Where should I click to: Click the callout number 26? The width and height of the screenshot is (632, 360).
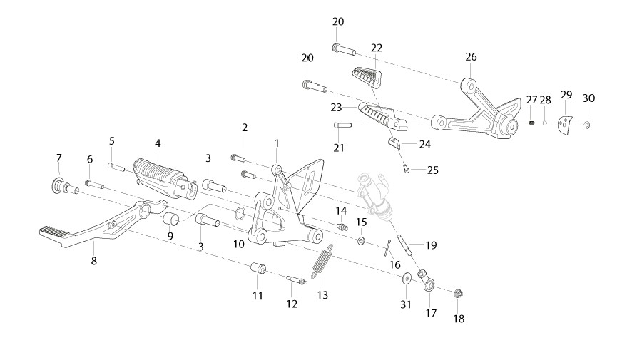(x=471, y=57)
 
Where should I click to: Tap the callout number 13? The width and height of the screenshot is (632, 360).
(x=322, y=295)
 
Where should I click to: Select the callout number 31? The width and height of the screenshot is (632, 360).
(x=405, y=305)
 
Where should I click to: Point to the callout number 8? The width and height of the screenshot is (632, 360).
(x=93, y=262)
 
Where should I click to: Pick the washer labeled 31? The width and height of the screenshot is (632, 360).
(x=407, y=278)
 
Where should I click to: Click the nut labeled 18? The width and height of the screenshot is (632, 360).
(x=458, y=293)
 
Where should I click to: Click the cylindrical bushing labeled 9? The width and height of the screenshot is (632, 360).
(x=172, y=220)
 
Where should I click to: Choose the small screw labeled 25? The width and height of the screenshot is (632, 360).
(x=406, y=169)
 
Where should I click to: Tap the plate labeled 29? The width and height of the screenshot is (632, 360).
(x=565, y=125)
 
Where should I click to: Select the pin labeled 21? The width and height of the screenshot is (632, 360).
(x=342, y=125)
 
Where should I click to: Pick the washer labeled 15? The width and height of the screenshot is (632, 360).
(x=361, y=241)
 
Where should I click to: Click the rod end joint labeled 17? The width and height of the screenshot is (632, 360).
(x=426, y=281)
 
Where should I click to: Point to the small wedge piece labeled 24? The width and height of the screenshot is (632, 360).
(x=394, y=143)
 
